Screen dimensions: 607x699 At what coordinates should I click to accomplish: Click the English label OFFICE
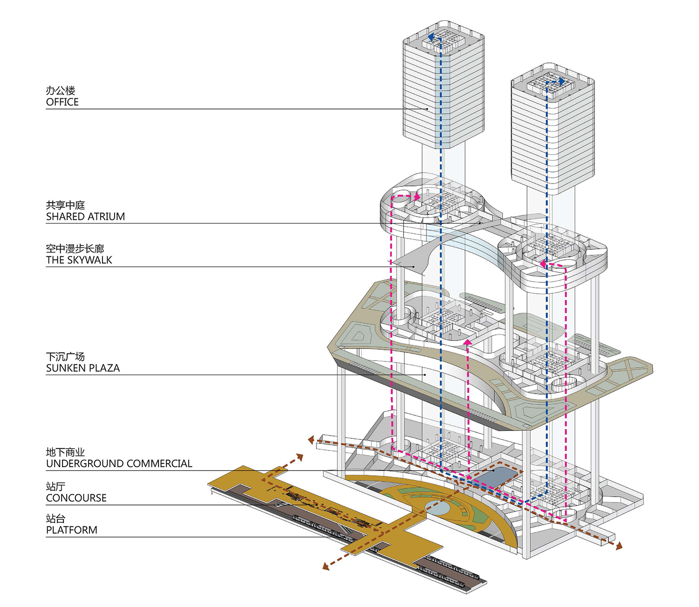tap(62, 102)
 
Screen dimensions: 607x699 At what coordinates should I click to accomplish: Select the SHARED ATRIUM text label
tap(85, 217)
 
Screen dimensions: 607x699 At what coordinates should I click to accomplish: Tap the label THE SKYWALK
tap(79, 260)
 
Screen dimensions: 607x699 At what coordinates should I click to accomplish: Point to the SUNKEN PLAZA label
tap(83, 368)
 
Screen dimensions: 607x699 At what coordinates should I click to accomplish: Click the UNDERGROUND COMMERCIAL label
tap(119, 464)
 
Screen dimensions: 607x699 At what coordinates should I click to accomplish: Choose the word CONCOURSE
tap(76, 498)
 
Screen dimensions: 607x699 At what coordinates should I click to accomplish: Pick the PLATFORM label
tap(71, 530)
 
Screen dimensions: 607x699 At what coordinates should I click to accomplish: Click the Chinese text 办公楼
tap(60, 90)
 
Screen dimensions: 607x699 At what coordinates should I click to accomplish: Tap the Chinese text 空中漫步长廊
tap(75, 248)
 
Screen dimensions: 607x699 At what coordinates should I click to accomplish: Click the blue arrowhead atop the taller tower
tap(432, 37)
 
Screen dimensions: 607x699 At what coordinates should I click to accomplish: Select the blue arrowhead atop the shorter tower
tap(562, 81)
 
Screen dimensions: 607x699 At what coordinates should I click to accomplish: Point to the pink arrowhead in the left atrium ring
tap(417, 197)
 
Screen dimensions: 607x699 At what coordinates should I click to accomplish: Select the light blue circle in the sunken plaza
tap(438, 507)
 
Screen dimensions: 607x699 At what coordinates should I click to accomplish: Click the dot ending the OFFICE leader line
tap(427, 109)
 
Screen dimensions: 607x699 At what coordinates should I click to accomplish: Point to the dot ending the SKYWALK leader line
tap(413, 266)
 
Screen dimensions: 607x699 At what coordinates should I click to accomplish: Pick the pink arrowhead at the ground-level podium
tap(468, 342)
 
